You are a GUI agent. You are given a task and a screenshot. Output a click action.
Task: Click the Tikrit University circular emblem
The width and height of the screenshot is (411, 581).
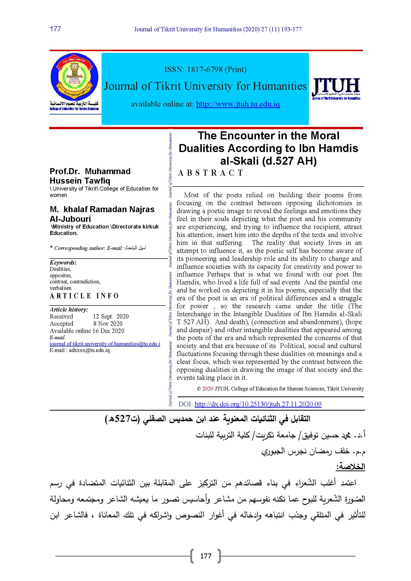pyautogui.click(x=74, y=77)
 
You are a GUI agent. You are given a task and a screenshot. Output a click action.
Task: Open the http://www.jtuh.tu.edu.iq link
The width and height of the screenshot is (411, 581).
pyautogui.click(x=238, y=104)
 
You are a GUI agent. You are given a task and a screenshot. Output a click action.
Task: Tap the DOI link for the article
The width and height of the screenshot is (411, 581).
pyautogui.click(x=258, y=404)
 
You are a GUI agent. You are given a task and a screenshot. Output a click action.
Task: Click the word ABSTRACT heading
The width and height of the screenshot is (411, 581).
pyautogui.click(x=210, y=173)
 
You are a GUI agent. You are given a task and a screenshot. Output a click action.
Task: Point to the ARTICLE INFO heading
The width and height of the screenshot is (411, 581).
pyautogui.click(x=84, y=296)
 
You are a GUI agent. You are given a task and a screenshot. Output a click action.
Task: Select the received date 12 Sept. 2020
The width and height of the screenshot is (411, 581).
pyautogui.click(x=111, y=316)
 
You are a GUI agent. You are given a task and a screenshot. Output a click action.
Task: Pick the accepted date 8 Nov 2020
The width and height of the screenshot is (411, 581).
pyautogui.click(x=108, y=323)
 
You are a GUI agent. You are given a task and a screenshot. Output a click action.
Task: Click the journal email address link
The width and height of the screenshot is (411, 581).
pyautogui.click(x=105, y=344)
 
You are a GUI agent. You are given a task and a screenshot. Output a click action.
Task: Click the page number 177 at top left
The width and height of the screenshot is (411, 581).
pyautogui.click(x=55, y=29)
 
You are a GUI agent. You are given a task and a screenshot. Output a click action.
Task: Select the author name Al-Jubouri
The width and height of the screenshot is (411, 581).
pyautogui.click(x=70, y=219)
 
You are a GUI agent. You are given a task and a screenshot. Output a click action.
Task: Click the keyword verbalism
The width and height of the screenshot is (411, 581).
pyautogui.click(x=60, y=288)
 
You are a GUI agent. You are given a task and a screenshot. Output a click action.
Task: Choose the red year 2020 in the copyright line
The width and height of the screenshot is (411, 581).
pyautogui.click(x=208, y=389)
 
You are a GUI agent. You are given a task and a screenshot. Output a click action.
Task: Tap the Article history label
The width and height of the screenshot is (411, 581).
pyautogui.click(x=69, y=309)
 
